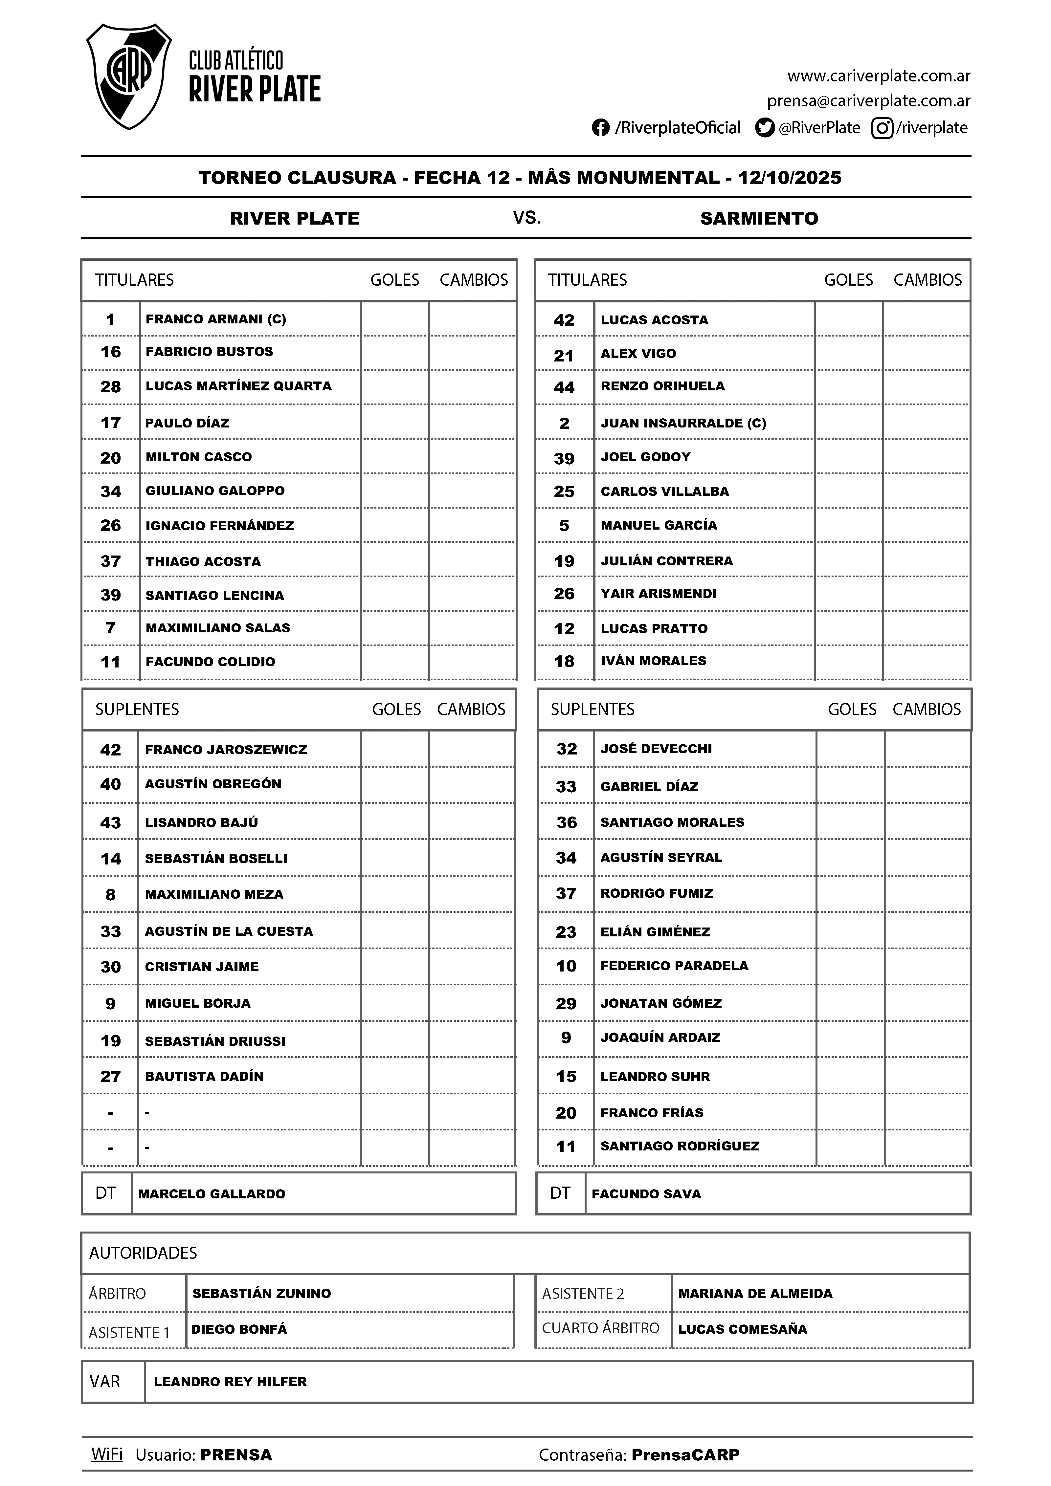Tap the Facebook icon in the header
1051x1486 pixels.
[600, 128]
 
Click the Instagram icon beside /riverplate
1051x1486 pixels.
[882, 128]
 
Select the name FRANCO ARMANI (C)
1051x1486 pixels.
[216, 319]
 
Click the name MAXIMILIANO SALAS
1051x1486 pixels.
[217, 628]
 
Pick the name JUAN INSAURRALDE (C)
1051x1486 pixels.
[683, 423]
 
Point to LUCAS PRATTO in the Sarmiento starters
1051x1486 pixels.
[654, 628]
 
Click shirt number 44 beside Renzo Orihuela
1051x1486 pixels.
[564, 387]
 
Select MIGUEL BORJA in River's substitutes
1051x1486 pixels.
[197, 1003]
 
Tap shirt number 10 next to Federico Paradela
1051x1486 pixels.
[566, 966]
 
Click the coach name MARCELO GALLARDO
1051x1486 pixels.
[212, 1194]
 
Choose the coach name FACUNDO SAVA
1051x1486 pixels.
[646, 1194]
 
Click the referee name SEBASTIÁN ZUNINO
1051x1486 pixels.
[262, 1294]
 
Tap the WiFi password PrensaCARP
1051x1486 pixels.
[685, 1455]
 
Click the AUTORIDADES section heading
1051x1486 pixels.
[143, 1253]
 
